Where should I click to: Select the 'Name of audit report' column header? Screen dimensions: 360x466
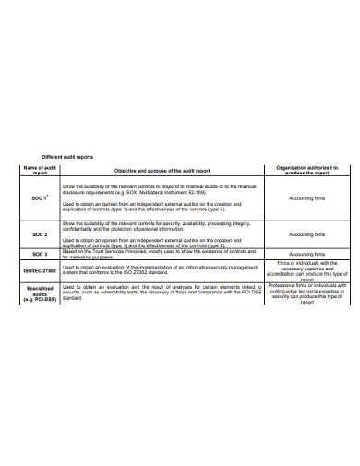(32, 170)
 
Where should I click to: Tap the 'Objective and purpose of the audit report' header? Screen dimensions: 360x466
(162, 170)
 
